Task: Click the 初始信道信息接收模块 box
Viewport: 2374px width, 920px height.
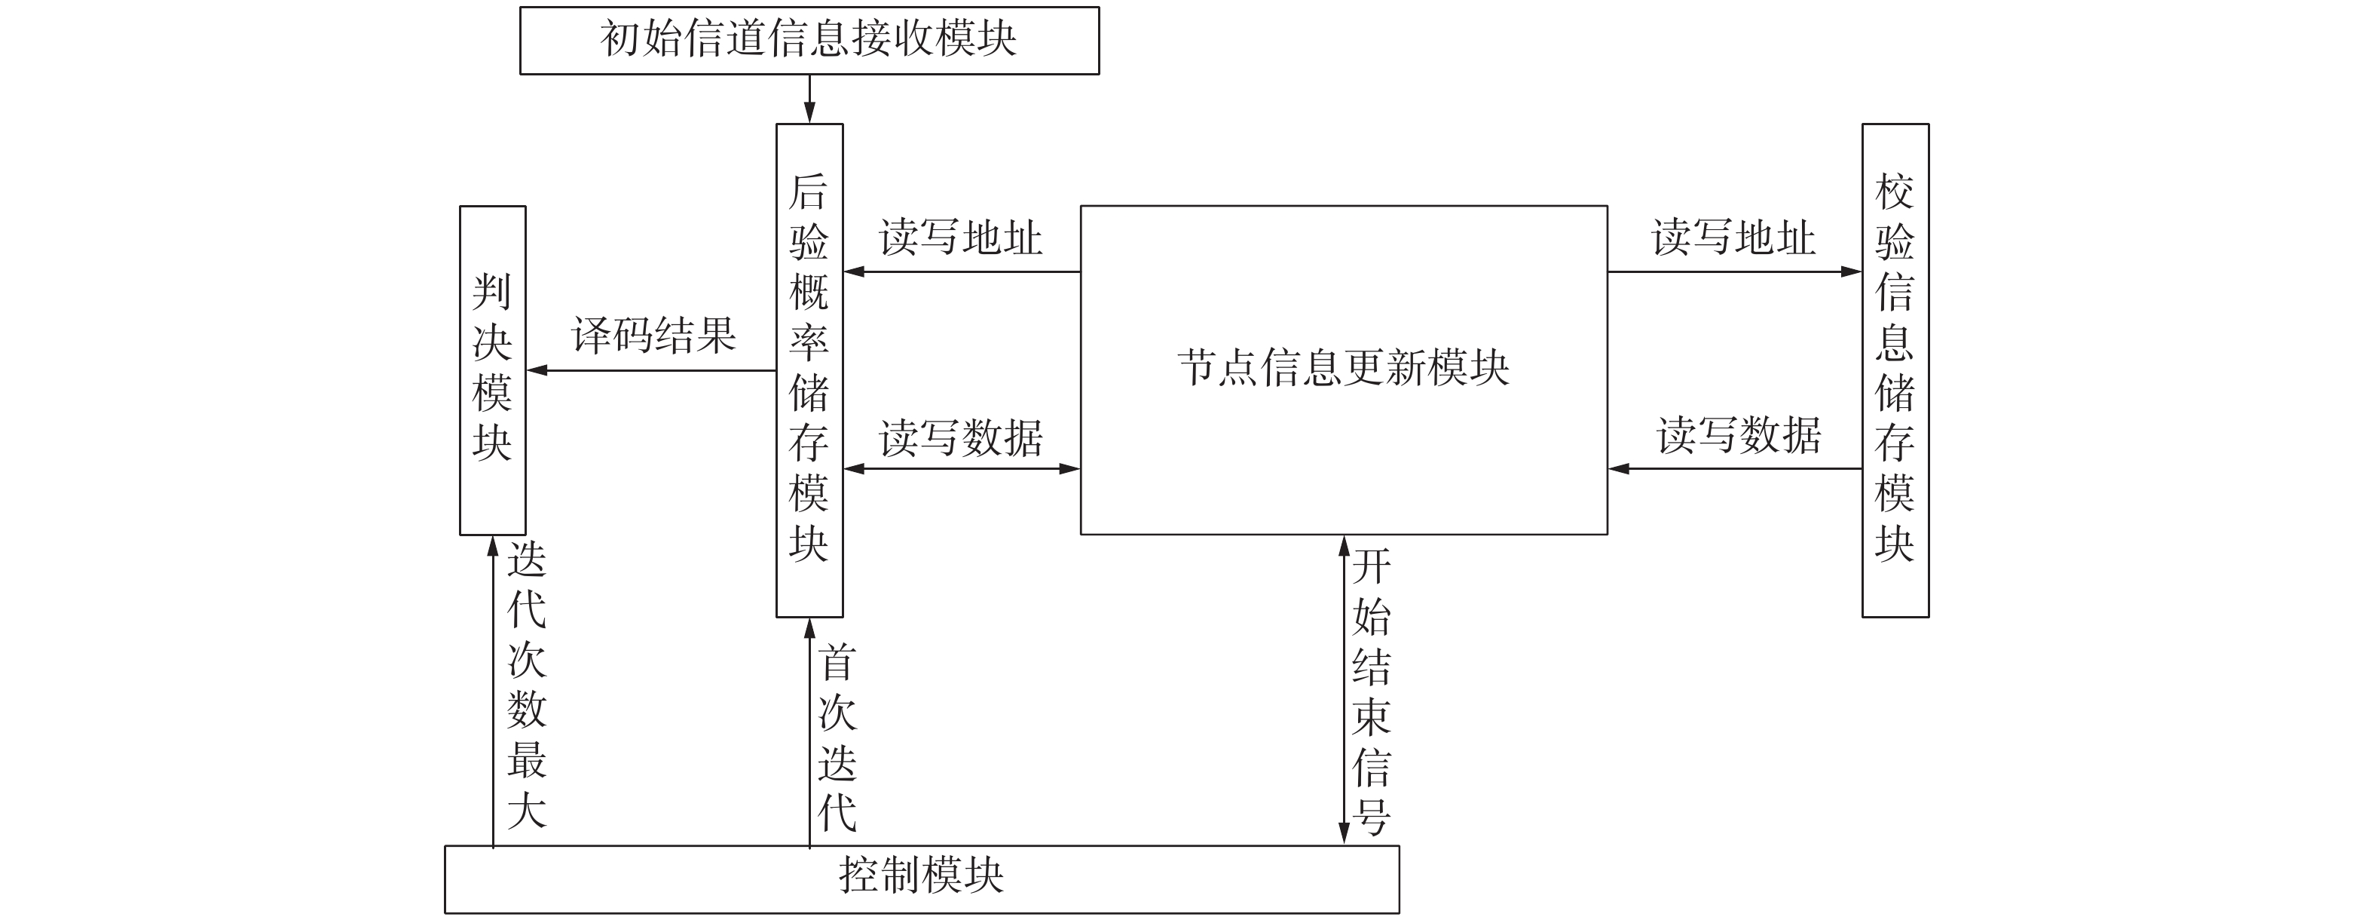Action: coord(809,41)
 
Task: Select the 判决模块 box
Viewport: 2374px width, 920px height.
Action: coord(492,370)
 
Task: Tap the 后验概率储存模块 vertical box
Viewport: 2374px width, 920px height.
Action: coord(809,370)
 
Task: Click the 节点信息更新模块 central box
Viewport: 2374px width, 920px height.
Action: coord(1343,369)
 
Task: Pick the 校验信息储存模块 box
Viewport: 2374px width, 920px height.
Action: coord(1895,370)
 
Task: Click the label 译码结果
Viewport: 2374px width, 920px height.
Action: coord(653,335)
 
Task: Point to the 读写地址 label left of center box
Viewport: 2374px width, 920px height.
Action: coord(960,238)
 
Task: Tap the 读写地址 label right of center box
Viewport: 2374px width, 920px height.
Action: coord(1733,238)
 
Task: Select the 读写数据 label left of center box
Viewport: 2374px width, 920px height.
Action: coord(960,438)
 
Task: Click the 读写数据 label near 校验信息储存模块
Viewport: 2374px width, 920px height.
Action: coord(1738,435)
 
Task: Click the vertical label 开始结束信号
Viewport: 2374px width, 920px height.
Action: coord(1372,692)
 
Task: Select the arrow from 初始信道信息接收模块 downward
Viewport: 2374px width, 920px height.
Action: coord(809,99)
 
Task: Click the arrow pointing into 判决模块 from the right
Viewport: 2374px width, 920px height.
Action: coord(650,370)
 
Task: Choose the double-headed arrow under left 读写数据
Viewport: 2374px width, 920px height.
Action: coord(961,468)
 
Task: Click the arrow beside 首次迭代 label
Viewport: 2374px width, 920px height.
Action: coord(809,733)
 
